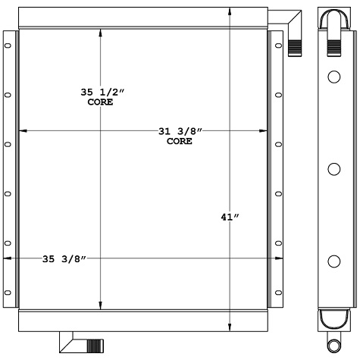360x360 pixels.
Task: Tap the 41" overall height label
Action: coord(230,218)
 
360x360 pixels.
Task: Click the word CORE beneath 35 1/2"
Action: coord(101,102)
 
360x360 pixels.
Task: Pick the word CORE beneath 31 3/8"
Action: coord(179,141)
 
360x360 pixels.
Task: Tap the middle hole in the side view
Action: coord(333,169)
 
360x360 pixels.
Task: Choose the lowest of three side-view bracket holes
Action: coord(333,261)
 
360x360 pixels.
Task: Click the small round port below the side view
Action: coord(333,343)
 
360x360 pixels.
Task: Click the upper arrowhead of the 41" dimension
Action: coord(230,11)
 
